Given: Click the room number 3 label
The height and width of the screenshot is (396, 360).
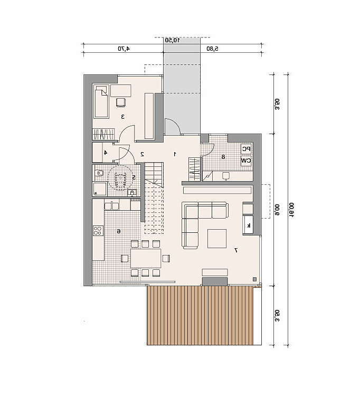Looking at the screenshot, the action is [123, 117].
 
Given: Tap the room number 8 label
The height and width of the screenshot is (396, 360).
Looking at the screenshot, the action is [223, 157].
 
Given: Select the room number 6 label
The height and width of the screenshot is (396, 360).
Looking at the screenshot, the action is [119, 231].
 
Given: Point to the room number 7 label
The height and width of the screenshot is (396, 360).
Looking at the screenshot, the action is [236, 250].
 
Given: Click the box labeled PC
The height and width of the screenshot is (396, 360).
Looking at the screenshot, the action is [246, 149].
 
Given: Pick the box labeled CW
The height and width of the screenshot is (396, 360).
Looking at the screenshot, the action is [246, 161].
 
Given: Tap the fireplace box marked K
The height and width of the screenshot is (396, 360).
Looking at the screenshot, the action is [248, 225].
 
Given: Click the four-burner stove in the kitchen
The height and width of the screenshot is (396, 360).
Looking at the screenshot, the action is [98, 230].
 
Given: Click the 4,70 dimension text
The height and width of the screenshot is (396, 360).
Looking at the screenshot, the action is [124, 49].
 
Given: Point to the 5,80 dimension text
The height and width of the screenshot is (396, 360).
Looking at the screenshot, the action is [212, 49].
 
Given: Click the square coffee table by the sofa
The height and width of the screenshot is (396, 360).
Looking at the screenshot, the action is [217, 239].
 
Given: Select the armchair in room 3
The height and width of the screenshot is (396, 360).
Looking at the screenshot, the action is [121, 102].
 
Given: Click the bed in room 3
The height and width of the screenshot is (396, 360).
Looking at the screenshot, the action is [101, 101].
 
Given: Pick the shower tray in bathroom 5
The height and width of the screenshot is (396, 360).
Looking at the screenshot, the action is [100, 188].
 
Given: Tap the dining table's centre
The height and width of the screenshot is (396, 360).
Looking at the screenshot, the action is [146, 258].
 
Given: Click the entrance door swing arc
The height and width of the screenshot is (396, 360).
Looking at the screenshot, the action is [175, 122].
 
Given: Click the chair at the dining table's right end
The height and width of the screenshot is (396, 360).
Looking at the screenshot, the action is [166, 258].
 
